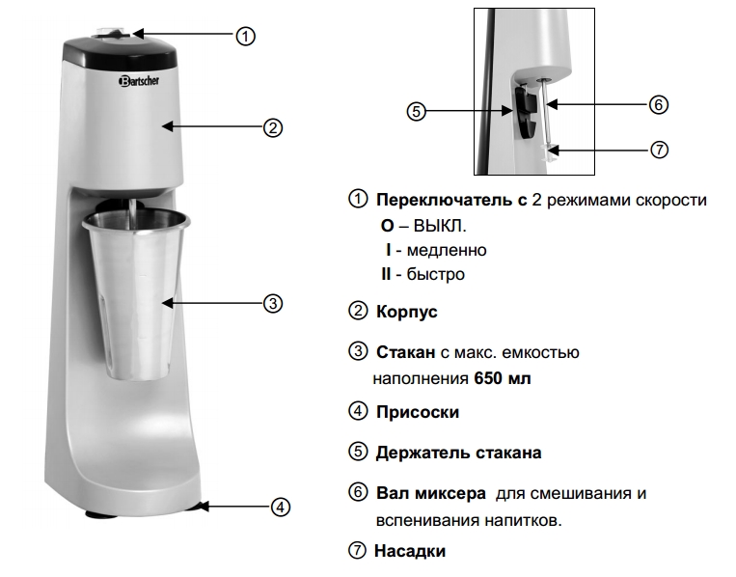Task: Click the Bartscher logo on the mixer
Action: pos(139,81)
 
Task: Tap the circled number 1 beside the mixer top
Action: pos(245,36)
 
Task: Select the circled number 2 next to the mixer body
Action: pos(273,127)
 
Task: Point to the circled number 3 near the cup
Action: pos(273,303)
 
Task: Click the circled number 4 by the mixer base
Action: pos(281,508)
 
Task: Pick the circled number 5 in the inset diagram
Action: pos(416,111)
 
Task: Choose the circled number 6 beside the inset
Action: pos(659,104)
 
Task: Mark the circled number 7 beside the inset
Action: pos(659,150)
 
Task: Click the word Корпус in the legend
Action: pos(406,313)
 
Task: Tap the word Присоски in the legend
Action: pos(418,412)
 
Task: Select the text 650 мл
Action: pos(503,378)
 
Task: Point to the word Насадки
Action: pos(410,551)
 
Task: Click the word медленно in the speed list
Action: pos(447,250)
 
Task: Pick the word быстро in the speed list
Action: pos(436,274)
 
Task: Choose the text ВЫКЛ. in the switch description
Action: pos(439,226)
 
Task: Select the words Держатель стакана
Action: pos(458,453)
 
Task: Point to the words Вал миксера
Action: pos(431,493)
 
